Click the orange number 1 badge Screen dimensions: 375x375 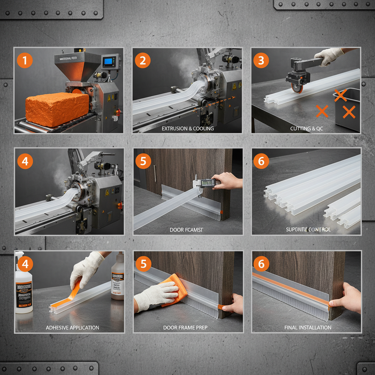[25, 60]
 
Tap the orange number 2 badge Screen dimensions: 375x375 [143, 60]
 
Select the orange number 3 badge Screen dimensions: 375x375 [261, 60]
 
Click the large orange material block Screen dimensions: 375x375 [57, 109]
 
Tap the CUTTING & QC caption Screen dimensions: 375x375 [306, 129]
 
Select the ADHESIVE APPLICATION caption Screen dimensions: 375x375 [73, 327]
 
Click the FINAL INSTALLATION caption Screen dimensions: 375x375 [308, 327]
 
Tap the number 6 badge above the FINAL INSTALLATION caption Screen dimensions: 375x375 [261, 264]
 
